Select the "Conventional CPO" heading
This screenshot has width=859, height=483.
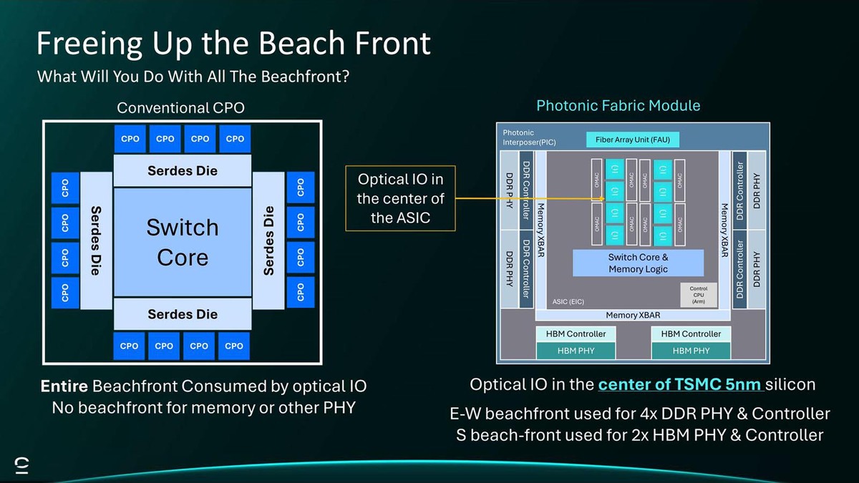[180, 108]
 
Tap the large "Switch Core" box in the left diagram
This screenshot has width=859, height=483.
[183, 242]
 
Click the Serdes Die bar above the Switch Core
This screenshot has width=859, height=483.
[183, 171]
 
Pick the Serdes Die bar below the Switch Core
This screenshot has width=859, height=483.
[183, 314]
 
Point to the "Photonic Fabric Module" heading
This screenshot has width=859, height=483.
[618, 106]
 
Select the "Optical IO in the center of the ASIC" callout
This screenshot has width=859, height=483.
[400, 198]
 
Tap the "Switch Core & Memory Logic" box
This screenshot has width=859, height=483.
[637, 263]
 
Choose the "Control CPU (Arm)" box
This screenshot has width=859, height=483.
[698, 295]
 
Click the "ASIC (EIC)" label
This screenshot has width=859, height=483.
[568, 302]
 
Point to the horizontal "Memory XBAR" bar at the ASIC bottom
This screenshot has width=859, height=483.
[633, 315]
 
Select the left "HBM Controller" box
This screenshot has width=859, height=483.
[576, 334]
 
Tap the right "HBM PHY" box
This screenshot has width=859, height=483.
[691, 351]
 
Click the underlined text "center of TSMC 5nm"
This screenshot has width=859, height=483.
[680, 384]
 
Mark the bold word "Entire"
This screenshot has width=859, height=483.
[64, 387]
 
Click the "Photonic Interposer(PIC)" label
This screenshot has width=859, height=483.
[528, 137]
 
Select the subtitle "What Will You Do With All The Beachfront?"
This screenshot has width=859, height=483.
[193, 76]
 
